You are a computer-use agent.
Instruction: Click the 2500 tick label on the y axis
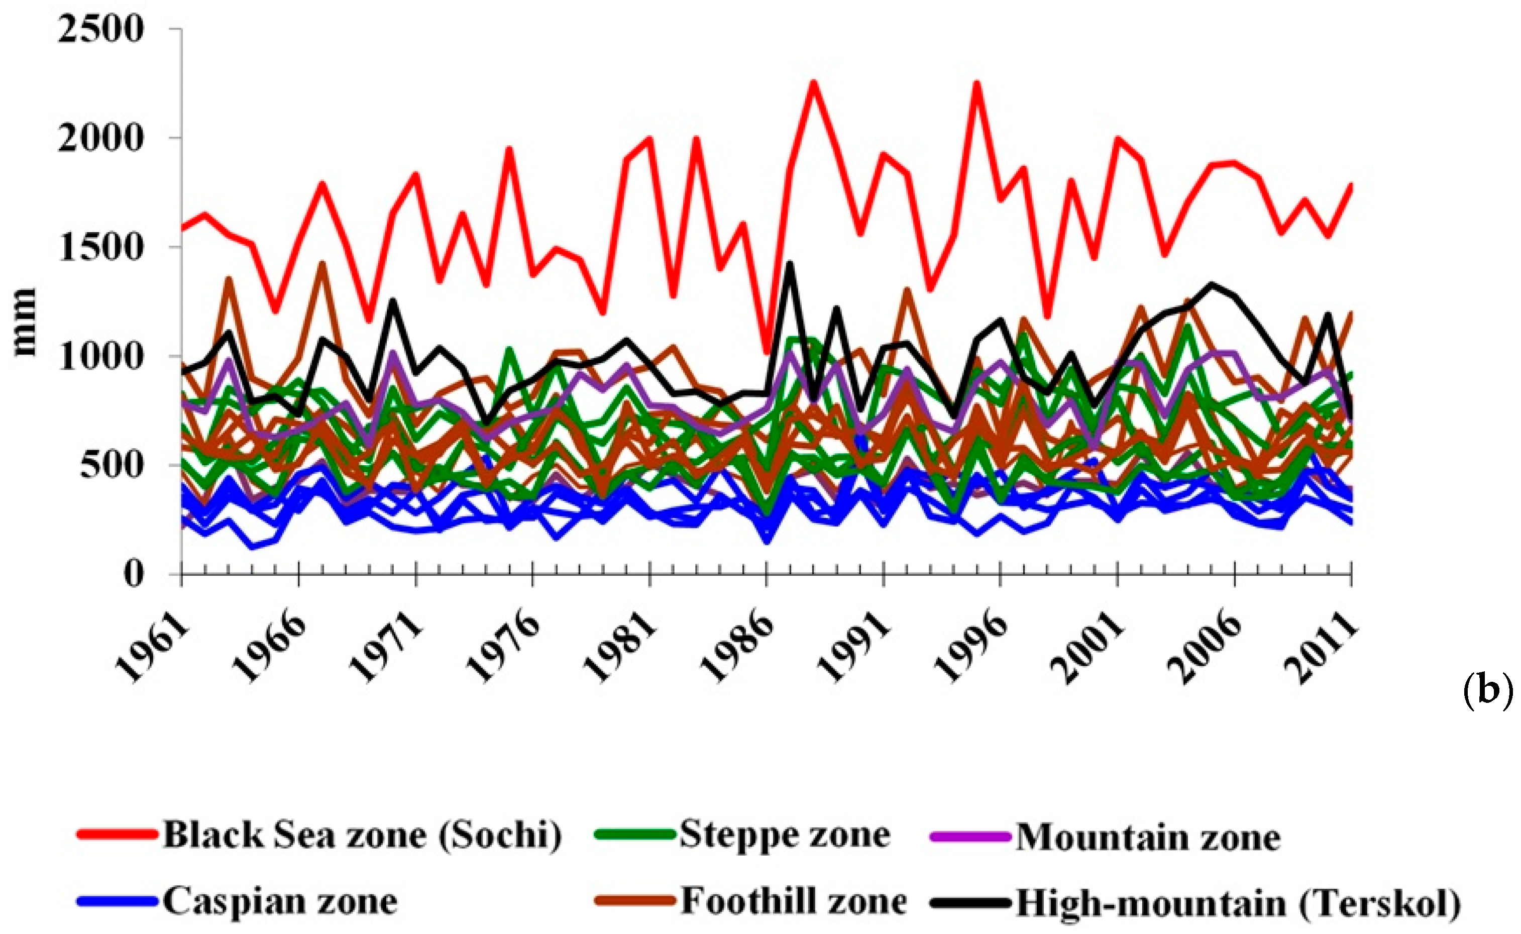click(x=100, y=29)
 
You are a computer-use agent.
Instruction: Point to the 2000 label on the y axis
click(x=100, y=138)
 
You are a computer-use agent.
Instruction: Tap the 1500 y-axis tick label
click(x=100, y=247)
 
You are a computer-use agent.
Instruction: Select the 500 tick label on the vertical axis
click(x=111, y=465)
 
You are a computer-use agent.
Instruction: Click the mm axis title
click(x=25, y=322)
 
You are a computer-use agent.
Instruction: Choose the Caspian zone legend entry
click(x=280, y=901)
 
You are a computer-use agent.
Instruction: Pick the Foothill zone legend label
click(x=794, y=901)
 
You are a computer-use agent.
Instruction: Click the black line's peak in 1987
click(x=789, y=263)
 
